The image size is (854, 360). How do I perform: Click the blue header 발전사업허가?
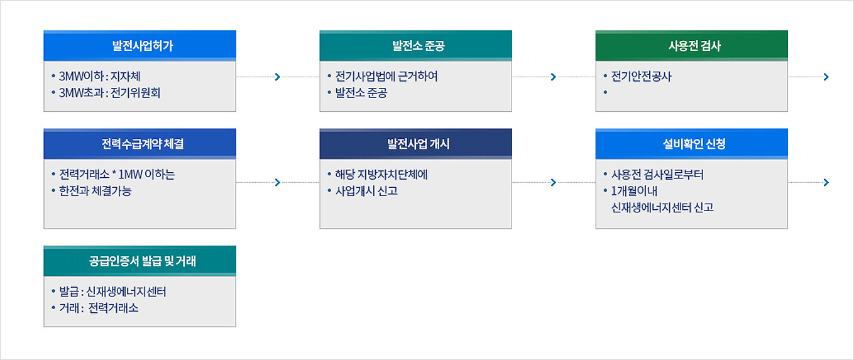140,46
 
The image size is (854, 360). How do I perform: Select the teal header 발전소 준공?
416,46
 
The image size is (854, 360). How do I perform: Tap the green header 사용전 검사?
692,46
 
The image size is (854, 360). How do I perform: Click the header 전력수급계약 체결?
140,144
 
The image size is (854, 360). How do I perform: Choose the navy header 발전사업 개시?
416,144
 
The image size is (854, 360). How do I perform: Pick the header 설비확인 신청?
692,144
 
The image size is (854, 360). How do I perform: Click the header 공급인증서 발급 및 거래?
140,261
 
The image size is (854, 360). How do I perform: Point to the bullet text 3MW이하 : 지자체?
99,76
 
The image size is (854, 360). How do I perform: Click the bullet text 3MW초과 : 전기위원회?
109,92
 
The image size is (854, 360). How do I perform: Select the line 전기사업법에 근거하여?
386,76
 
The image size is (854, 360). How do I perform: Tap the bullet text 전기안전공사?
641,76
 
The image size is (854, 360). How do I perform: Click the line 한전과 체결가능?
95,190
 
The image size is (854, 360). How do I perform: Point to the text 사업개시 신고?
366,190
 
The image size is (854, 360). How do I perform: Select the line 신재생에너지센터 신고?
662,207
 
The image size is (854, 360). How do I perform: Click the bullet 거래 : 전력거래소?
99,308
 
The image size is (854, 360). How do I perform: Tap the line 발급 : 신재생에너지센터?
112,292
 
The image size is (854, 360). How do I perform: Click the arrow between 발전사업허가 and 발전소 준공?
278,77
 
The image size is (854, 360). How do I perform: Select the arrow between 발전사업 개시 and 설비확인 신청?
554,182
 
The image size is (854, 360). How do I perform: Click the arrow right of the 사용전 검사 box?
808,77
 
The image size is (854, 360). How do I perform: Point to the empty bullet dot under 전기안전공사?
605,92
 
